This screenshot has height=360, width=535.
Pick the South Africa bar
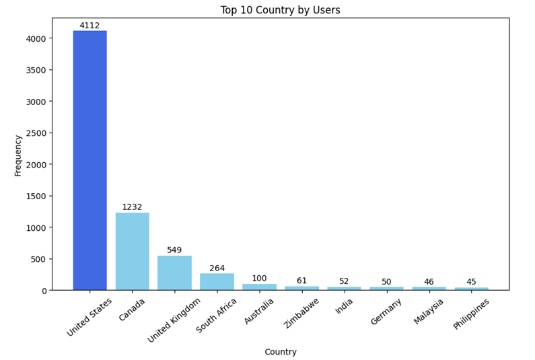217,281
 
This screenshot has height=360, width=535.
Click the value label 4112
90,26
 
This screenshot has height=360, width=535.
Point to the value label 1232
132,207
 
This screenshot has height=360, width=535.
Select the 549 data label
174,250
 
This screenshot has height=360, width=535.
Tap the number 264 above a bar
217,268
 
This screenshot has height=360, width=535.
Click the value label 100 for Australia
259,279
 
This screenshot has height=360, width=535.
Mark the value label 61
301,281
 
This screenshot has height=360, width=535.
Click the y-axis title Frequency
18,155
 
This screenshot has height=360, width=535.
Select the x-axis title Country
280,352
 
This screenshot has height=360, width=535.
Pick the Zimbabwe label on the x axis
301,313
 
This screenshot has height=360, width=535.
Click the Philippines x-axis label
471,314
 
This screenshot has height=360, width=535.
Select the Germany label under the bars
386,312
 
